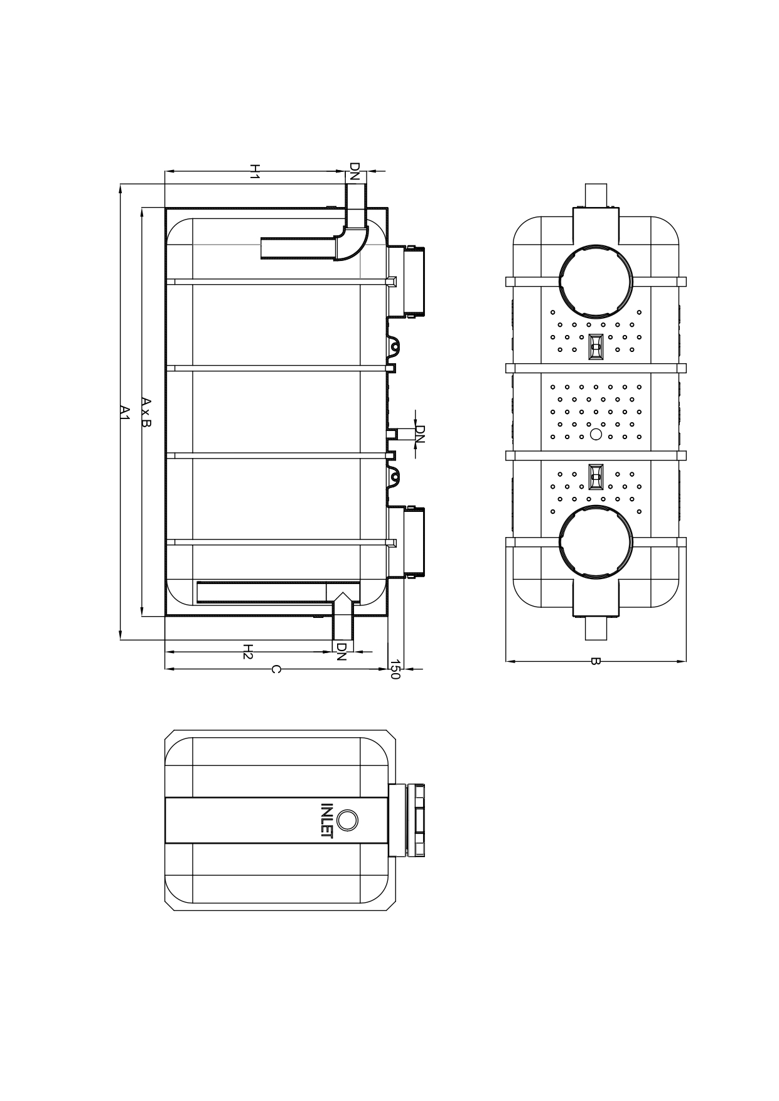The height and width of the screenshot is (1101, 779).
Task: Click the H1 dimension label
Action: [x=254, y=172]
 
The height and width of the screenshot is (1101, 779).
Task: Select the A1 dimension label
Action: [x=124, y=412]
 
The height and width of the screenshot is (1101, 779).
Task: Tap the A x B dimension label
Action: [x=146, y=412]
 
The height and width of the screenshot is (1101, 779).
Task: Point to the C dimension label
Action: [x=274, y=669]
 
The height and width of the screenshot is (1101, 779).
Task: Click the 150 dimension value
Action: [x=395, y=669]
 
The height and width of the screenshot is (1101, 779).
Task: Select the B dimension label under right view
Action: [x=595, y=661]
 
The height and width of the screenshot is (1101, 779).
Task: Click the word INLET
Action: [x=326, y=820]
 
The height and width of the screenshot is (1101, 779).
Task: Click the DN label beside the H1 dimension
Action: [x=355, y=172]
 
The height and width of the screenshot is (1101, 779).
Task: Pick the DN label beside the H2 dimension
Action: [x=341, y=652]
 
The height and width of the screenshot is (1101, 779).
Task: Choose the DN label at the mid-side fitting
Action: [x=420, y=434]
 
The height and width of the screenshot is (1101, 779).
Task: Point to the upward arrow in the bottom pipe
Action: [x=342, y=602]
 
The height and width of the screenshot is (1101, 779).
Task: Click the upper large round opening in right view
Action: [x=596, y=282]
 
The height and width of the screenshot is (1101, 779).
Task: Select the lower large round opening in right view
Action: [x=596, y=542]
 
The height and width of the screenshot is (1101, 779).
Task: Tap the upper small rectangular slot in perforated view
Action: [x=596, y=346]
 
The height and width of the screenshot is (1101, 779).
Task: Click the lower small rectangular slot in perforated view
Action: [x=596, y=477]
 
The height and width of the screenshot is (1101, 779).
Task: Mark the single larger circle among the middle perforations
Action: [x=596, y=434]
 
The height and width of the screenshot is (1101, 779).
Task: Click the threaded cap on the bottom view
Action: [x=416, y=820]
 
